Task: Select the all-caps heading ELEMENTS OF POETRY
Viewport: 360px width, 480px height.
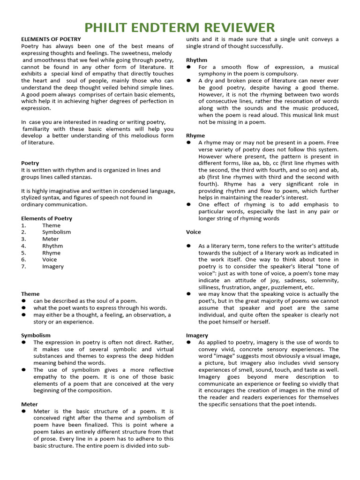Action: click(x=51, y=39)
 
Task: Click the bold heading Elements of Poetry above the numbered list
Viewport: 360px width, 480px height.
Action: click(x=46, y=218)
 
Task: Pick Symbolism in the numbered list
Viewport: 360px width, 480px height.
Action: click(x=56, y=232)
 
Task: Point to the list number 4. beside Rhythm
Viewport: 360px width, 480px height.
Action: click(x=24, y=246)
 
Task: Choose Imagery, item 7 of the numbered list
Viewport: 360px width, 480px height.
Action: click(x=53, y=266)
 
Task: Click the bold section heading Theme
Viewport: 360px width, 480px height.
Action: click(x=30, y=294)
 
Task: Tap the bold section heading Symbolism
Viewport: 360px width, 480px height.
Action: click(x=36, y=335)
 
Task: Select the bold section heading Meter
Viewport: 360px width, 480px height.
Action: click(x=30, y=404)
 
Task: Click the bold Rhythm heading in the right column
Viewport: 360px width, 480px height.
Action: click(x=196, y=60)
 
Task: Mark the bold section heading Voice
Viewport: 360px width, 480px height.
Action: click(x=194, y=232)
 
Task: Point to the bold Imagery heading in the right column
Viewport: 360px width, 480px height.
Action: click(x=197, y=336)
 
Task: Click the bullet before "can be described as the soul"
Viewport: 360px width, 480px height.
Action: click(x=23, y=301)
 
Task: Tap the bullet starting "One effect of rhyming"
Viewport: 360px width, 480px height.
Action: click(x=188, y=205)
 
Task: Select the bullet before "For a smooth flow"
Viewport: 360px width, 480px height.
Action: click(x=188, y=67)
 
